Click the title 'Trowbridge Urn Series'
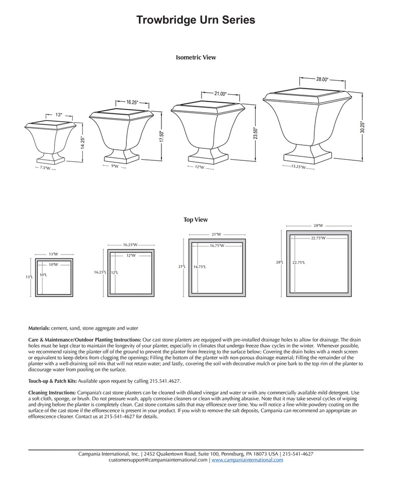coord(196,20)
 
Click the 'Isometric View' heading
coord(196,58)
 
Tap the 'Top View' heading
coord(195,220)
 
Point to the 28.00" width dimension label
coord(322,79)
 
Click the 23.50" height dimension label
coord(255,133)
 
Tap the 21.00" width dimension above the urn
coord(220,94)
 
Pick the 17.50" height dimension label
coord(161,137)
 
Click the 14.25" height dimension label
coord(83,143)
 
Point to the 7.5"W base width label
coord(45,168)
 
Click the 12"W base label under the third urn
coord(199,167)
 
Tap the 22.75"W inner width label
coord(318,238)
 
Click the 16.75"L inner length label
coord(200,267)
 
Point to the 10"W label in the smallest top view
coord(53,265)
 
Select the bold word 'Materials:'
coord(39,328)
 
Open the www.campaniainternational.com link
coord(247,460)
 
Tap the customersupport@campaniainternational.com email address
coord(157,460)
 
